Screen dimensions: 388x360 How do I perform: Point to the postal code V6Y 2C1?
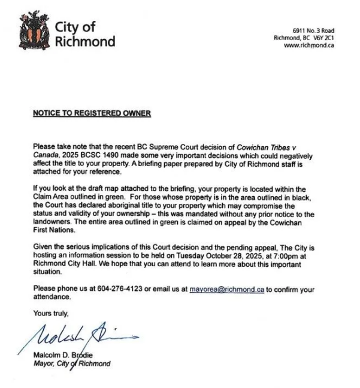tap(323, 38)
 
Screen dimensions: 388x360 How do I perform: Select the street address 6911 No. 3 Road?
tap(313, 31)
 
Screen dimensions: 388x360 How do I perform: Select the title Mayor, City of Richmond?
tap(72, 363)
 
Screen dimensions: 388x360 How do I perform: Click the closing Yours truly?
tap(51, 312)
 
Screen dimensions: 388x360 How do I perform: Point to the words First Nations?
tap(55, 230)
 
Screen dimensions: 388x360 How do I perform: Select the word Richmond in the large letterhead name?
tap(84, 42)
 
